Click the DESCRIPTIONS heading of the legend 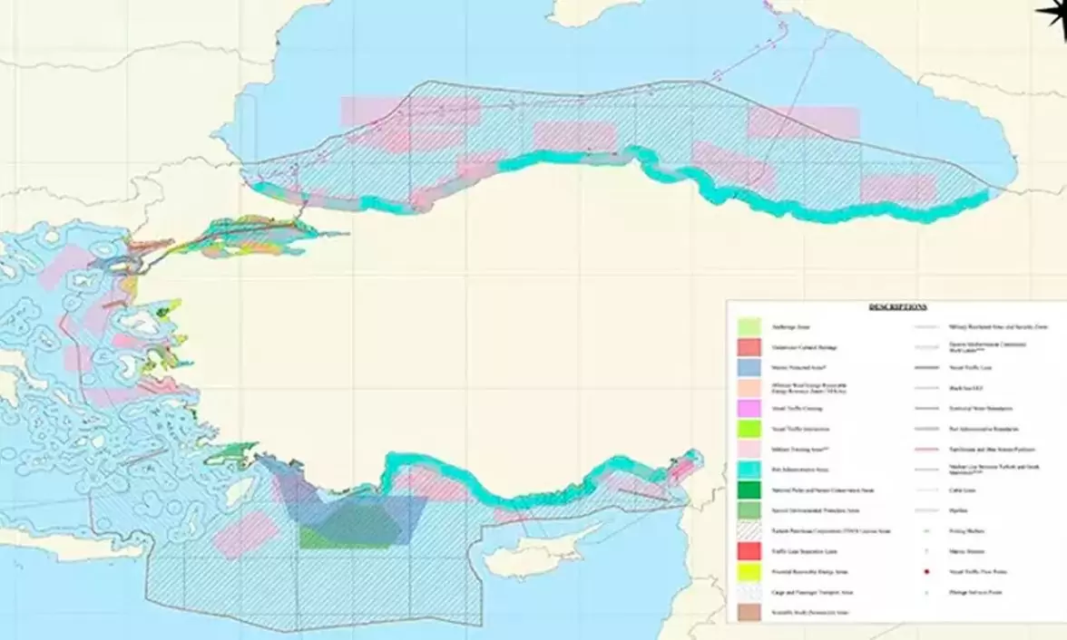[897, 307]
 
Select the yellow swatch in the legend [749, 573]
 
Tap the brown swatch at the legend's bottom [749, 612]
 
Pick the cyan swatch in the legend [749, 470]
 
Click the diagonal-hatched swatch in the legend [749, 530]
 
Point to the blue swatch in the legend [749, 368]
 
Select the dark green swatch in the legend [749, 490]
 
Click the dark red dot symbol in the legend [927, 572]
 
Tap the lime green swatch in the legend [749, 429]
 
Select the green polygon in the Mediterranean [349, 526]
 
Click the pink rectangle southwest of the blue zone [246, 534]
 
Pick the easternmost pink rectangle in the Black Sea [897, 188]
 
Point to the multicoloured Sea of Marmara [254, 237]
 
